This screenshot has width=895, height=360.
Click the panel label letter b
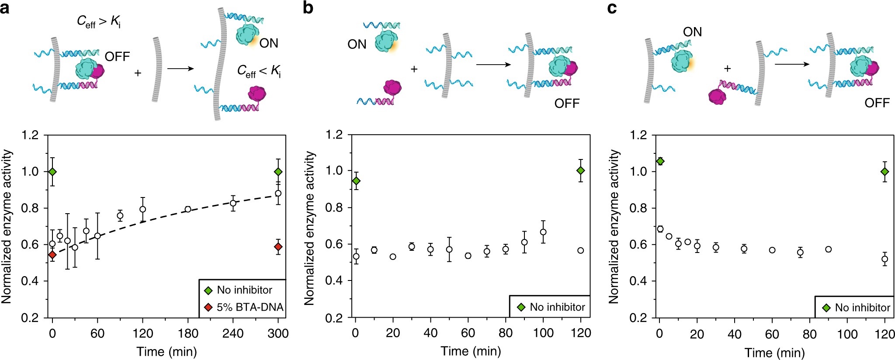click(x=308, y=8)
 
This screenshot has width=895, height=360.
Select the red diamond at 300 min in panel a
click(x=278, y=247)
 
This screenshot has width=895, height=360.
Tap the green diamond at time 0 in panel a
click(x=52, y=172)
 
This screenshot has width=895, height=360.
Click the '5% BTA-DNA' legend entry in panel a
click(x=250, y=307)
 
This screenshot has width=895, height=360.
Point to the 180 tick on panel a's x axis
click(x=188, y=334)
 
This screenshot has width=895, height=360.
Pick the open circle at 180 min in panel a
click(x=188, y=209)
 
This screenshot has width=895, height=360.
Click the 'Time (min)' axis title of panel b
click(x=471, y=351)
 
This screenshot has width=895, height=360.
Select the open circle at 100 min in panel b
click(x=543, y=232)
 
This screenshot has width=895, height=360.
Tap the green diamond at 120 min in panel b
click(x=580, y=171)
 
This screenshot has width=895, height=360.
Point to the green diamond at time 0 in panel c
click(x=660, y=161)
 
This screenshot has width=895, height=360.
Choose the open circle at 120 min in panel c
click(x=885, y=259)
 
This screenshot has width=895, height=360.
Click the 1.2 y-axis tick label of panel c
click(x=638, y=135)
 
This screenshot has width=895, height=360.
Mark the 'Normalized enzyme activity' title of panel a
click(x=7, y=226)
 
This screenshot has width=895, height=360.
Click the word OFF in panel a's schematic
click(x=117, y=57)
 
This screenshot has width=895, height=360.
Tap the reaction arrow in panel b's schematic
click(x=493, y=65)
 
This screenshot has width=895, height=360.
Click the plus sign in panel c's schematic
click(x=727, y=69)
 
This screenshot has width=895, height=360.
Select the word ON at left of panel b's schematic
click(x=357, y=45)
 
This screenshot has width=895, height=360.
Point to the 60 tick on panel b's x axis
click(x=468, y=333)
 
